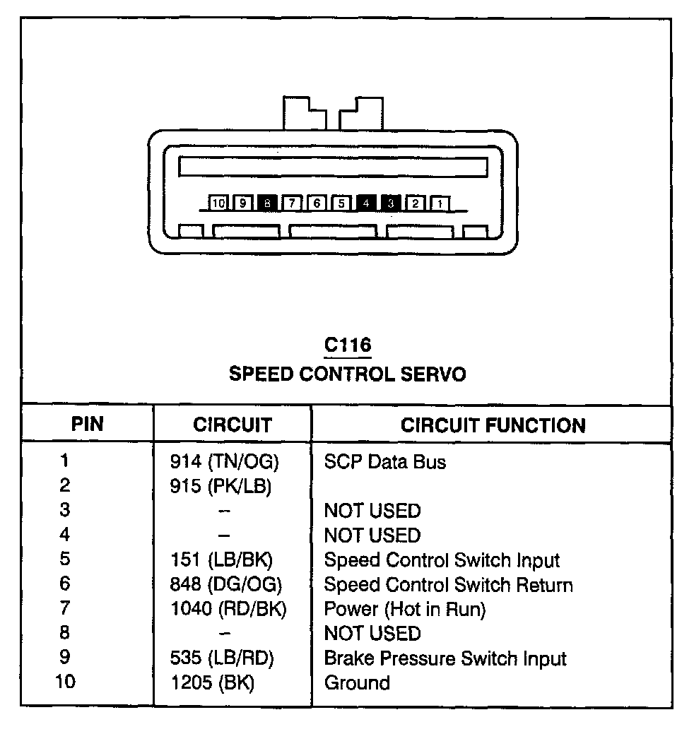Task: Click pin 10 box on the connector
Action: click(218, 203)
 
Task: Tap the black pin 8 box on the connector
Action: click(267, 203)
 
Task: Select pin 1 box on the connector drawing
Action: click(440, 203)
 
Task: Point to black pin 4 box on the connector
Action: click(366, 203)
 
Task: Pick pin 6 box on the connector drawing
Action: click(317, 203)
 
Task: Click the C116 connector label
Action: click(347, 345)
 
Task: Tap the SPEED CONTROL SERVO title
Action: click(347, 374)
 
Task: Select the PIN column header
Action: click(87, 424)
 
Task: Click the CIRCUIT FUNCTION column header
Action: click(493, 425)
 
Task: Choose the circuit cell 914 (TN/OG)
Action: click(225, 462)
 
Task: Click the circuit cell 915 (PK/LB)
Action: click(221, 487)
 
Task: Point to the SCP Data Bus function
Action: click(384, 462)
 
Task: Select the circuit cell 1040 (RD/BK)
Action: click(228, 609)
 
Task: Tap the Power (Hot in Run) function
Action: click(404, 609)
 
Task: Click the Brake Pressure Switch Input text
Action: click(445, 658)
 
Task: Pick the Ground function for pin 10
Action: click(356, 683)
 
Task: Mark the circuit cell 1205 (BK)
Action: click(212, 683)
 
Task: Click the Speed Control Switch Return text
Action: click(448, 585)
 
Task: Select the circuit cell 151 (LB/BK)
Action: click(221, 560)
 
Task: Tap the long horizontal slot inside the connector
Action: click(333, 167)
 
